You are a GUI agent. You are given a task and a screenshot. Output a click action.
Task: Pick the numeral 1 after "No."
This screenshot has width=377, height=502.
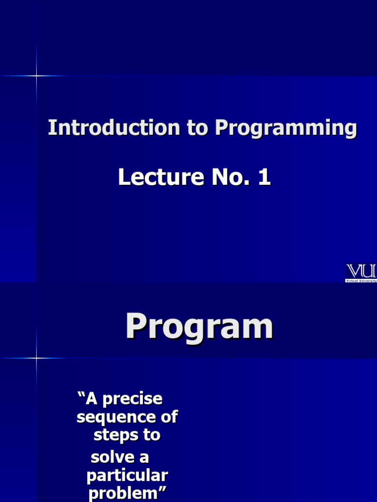(264, 177)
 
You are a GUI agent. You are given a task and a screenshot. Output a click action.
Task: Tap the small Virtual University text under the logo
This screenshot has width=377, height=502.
(361, 280)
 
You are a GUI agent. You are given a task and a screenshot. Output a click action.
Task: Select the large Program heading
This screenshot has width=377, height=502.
(199, 327)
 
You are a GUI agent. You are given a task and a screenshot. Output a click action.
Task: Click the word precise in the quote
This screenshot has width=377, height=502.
(133, 399)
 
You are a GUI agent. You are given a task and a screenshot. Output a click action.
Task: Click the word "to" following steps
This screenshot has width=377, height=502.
(152, 435)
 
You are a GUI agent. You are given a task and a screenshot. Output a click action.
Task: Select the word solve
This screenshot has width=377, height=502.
(112, 457)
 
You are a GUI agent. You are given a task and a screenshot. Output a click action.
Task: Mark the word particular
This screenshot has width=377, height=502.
(127, 476)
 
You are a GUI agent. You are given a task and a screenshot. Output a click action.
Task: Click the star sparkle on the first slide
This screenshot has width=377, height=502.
(36, 75)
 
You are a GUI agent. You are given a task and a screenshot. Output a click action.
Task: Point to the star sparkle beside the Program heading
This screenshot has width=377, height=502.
(36, 358)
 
